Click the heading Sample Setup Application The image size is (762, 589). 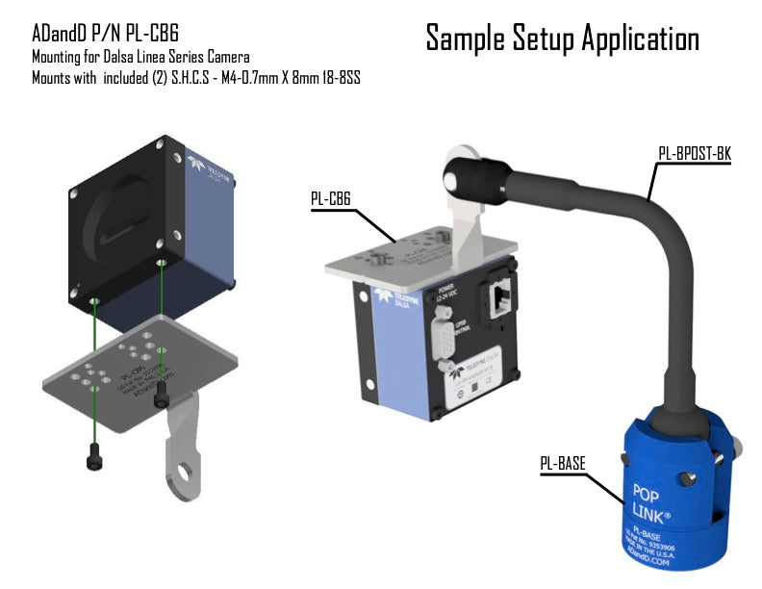[562, 38]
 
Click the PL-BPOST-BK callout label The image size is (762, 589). [693, 152]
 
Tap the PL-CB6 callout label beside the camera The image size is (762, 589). [330, 198]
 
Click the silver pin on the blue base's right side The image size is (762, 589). [739, 446]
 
